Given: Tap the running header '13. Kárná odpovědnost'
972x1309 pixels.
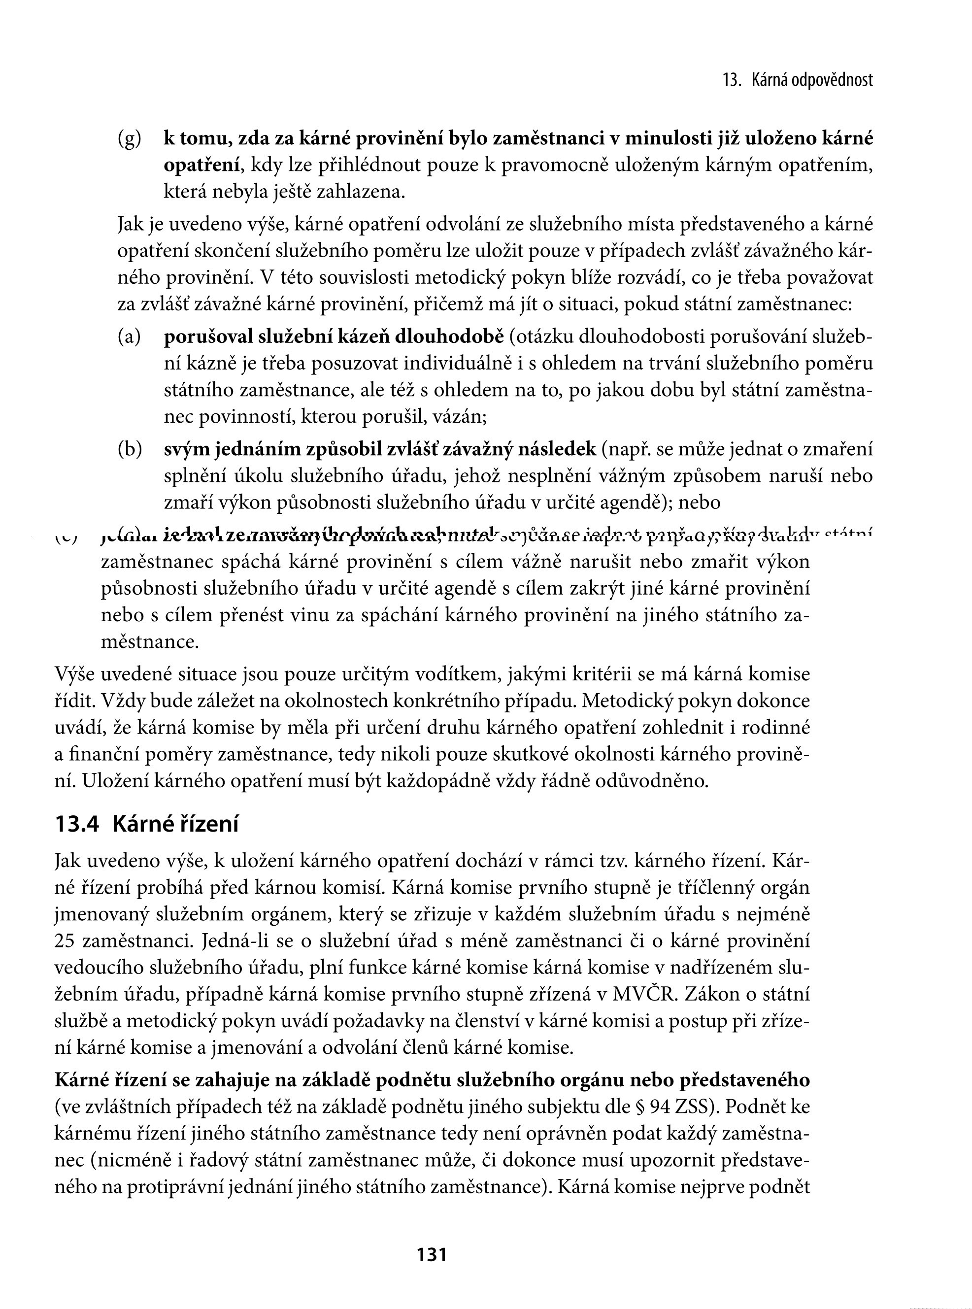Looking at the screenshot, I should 797,81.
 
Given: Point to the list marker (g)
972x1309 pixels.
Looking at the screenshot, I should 130,139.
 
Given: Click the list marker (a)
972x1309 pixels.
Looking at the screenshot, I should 130,337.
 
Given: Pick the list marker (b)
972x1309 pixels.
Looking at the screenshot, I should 130,449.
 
